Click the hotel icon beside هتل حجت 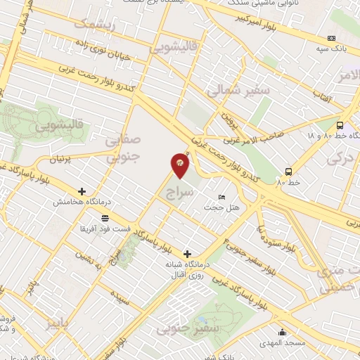tap(222, 197)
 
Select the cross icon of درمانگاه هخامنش tap(82, 191)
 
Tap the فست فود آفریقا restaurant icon tap(105, 218)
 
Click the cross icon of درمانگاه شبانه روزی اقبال tap(187, 253)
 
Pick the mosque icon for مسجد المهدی tap(283, 332)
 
